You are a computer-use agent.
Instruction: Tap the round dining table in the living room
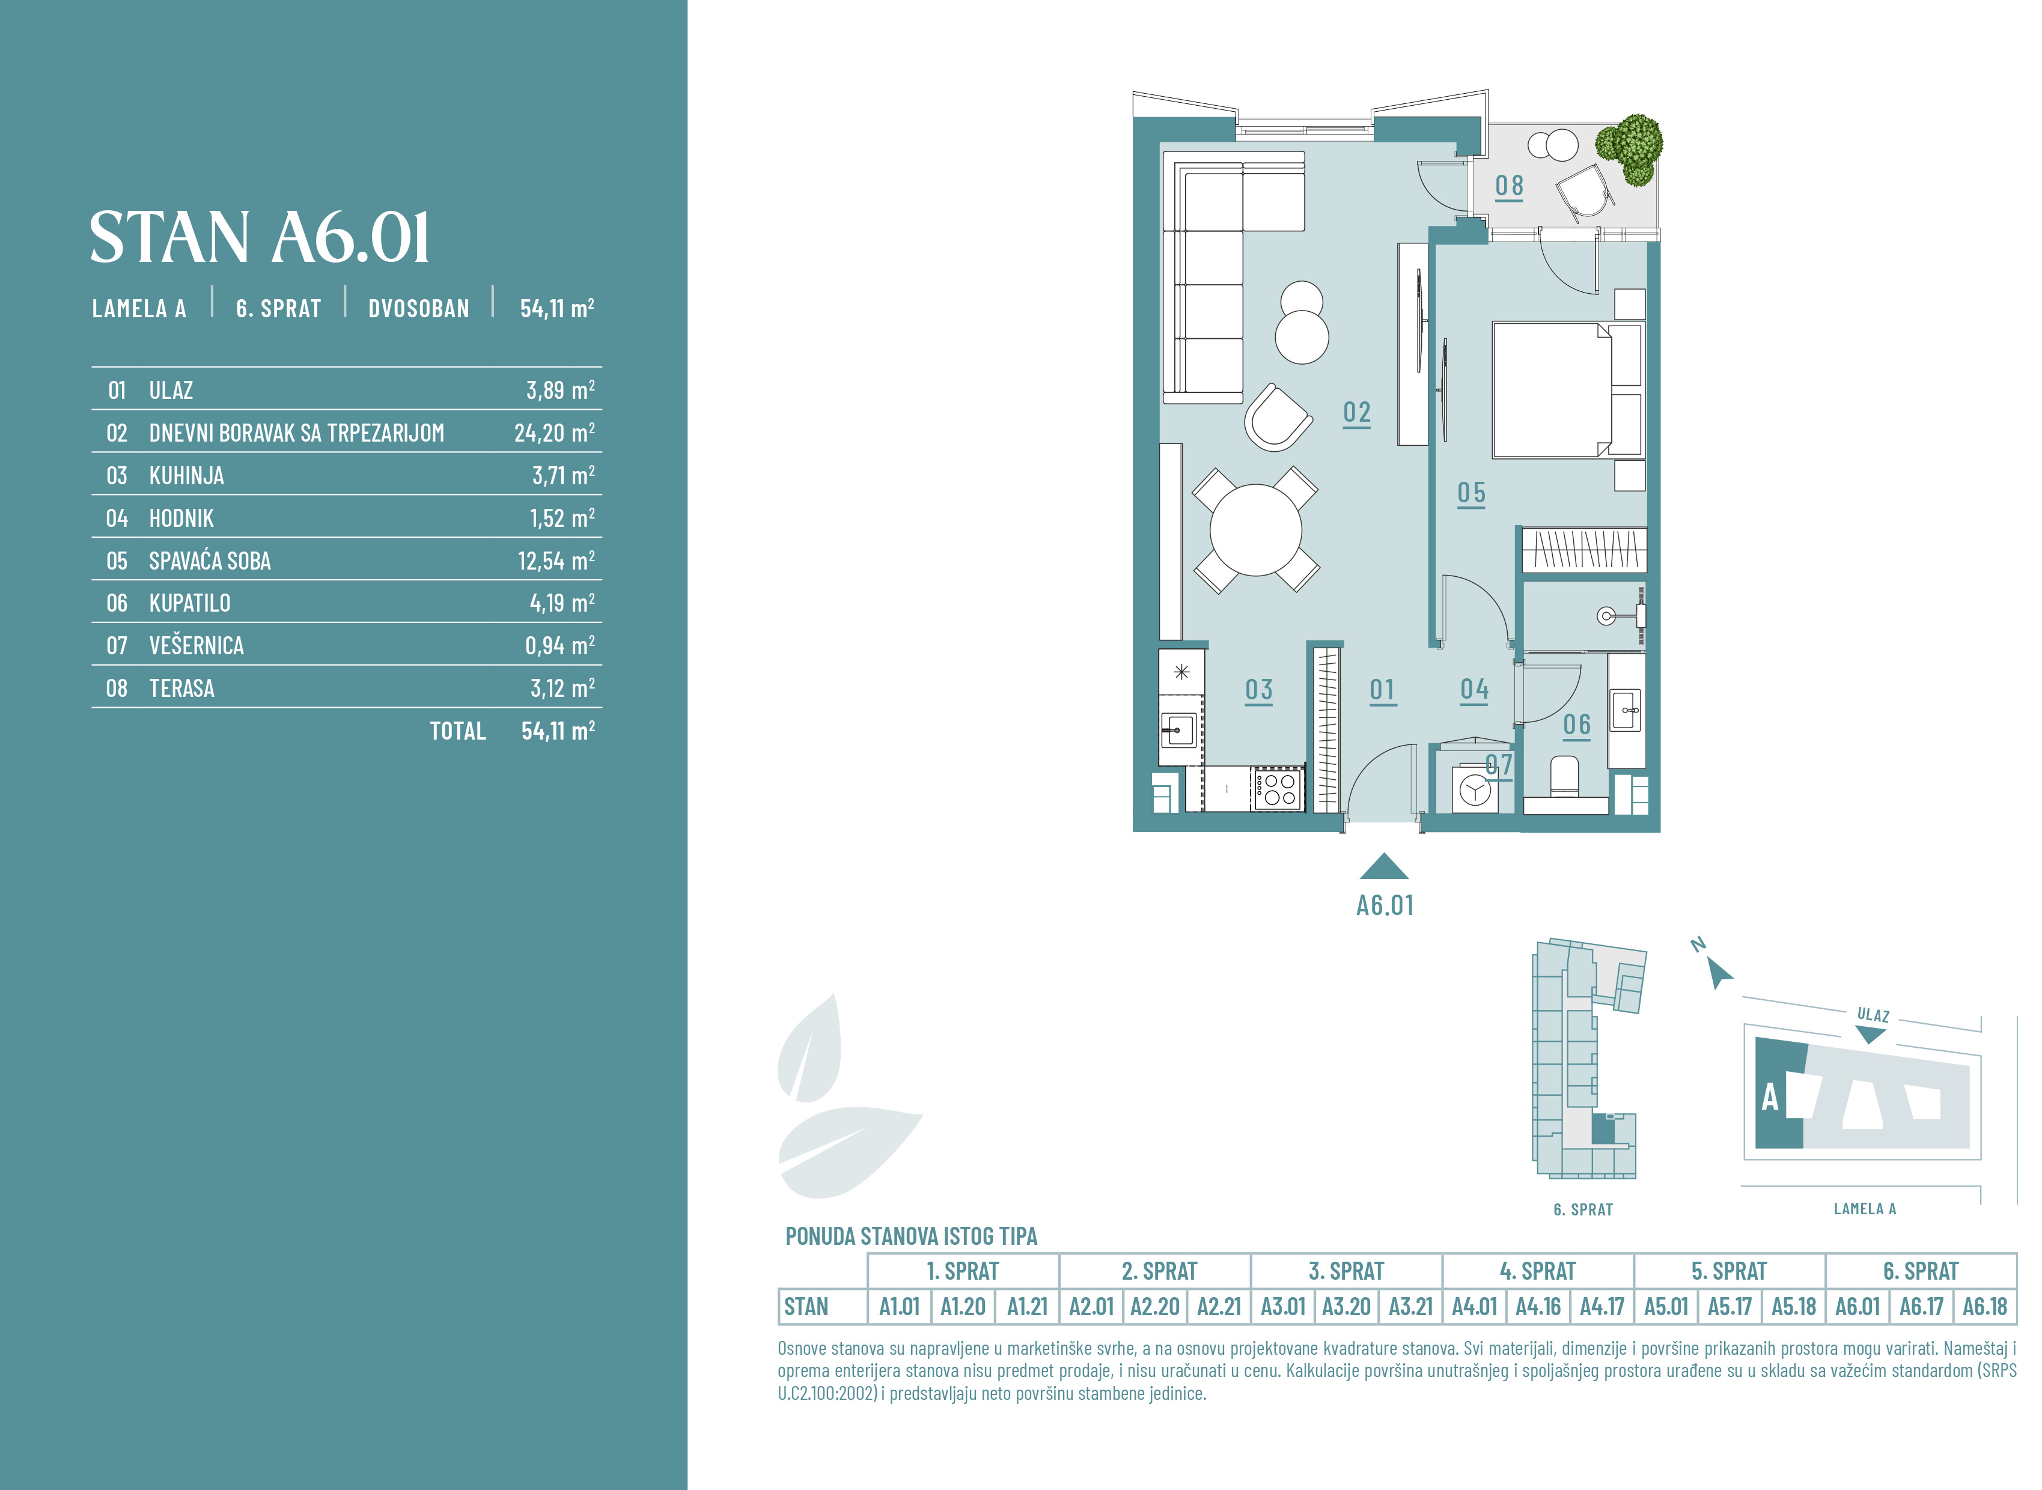tap(1255, 531)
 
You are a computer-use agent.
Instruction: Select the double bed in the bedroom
tap(1567, 390)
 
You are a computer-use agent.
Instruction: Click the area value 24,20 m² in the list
tap(555, 433)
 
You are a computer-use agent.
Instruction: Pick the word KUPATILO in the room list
tap(189, 603)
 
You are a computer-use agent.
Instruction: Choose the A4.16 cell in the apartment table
tap(1538, 1307)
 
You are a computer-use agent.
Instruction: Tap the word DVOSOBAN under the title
tap(418, 308)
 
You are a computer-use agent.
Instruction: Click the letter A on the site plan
tap(1770, 1098)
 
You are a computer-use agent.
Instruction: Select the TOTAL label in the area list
tap(458, 731)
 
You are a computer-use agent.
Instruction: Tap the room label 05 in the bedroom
tap(1471, 493)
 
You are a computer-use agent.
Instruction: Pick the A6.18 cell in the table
tap(1984, 1307)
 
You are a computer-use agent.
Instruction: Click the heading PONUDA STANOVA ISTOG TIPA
tap(911, 1236)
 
